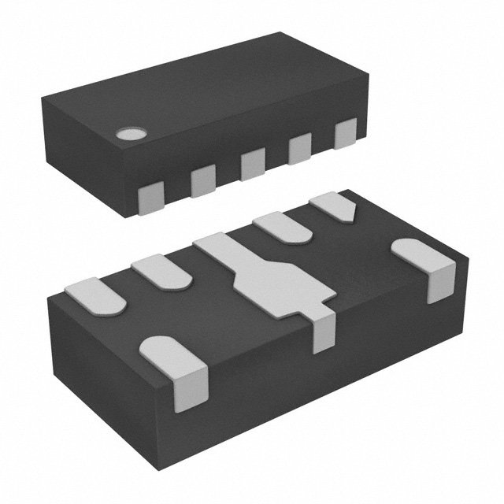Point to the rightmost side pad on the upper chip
coord(346,133)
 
